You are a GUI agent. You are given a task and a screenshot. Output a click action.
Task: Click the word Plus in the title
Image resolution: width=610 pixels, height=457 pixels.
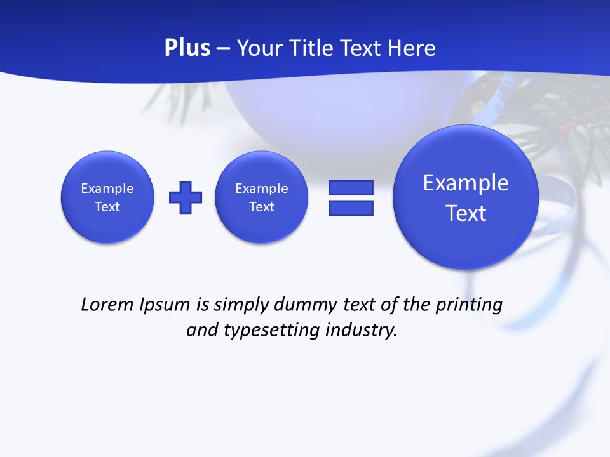coord(187,48)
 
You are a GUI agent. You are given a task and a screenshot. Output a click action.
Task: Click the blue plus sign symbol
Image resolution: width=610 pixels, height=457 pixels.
coord(186,197)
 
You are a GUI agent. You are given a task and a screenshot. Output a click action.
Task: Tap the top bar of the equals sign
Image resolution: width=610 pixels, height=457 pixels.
coord(351,188)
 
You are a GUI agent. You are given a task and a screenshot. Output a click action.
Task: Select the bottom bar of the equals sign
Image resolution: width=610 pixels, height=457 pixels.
coord(351,208)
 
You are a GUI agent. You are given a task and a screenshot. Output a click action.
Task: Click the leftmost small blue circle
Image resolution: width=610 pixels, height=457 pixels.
coord(107,197)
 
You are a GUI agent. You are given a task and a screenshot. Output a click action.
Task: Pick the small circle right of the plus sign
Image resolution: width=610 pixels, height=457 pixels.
coord(262,197)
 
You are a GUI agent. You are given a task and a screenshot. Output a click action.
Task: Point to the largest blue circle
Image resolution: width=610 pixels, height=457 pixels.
coord(466,197)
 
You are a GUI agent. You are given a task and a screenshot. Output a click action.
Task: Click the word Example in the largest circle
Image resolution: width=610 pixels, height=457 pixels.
coord(466,183)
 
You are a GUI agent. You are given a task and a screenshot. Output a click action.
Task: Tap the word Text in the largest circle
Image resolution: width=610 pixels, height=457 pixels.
coord(466,213)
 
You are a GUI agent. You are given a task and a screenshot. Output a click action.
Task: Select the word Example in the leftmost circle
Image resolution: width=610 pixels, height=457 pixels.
coord(107,189)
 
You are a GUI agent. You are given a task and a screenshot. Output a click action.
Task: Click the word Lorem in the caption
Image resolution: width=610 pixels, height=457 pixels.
coord(108,305)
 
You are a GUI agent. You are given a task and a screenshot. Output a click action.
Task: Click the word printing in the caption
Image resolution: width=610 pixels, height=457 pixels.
coord(468,305)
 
